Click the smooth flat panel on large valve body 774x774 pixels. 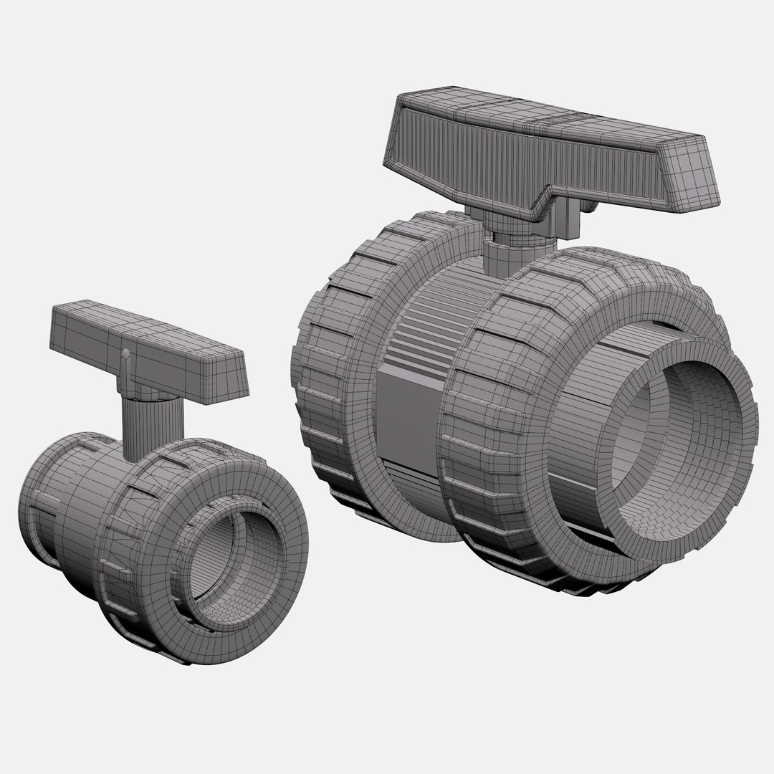click(405, 416)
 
